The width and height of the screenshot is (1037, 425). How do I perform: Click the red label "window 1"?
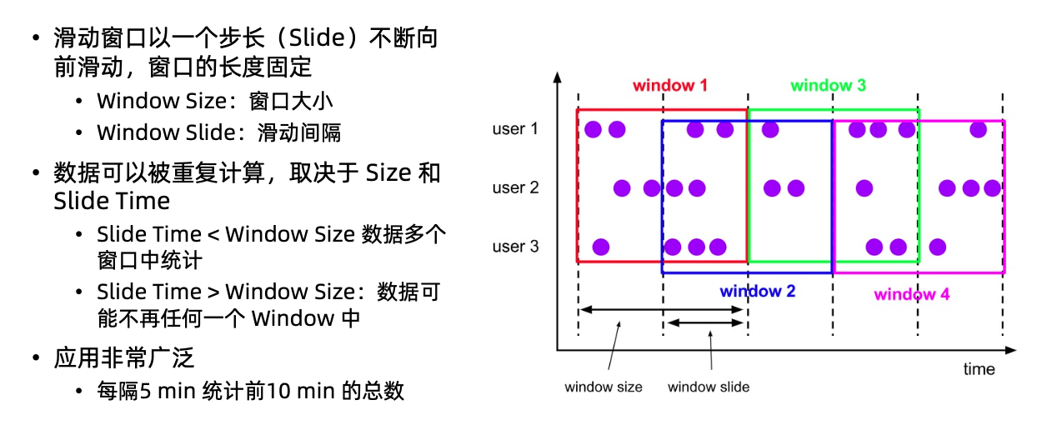(x=670, y=85)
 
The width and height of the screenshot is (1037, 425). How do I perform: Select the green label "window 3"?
(x=829, y=85)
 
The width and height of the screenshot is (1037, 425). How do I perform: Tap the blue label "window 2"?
(x=758, y=291)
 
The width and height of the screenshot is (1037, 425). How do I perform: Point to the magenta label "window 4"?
(x=911, y=294)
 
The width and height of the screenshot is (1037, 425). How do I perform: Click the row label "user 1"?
(x=515, y=128)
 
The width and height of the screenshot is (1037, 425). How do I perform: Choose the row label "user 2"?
(x=515, y=187)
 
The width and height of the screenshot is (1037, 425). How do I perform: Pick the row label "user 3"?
(x=515, y=247)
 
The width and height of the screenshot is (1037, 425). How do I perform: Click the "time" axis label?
(x=979, y=369)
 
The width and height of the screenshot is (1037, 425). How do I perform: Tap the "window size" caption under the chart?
(x=604, y=387)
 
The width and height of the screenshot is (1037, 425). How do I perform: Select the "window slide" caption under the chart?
(x=709, y=387)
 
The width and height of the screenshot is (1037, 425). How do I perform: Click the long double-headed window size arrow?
(x=662, y=310)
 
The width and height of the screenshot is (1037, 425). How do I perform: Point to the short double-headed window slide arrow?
(x=705, y=322)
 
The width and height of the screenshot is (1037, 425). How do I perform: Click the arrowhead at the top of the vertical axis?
(x=558, y=77)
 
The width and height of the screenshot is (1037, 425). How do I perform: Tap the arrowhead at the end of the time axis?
(x=1011, y=351)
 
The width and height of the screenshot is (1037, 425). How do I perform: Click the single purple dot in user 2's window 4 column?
(x=864, y=188)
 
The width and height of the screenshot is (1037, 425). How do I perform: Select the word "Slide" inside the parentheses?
(x=317, y=37)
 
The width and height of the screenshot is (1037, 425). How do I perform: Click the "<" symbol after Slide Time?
(x=213, y=235)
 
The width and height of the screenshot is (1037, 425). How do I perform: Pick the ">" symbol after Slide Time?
(x=213, y=292)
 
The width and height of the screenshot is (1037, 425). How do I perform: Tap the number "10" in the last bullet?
(x=278, y=391)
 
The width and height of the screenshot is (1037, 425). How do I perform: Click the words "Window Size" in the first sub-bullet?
(x=162, y=101)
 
